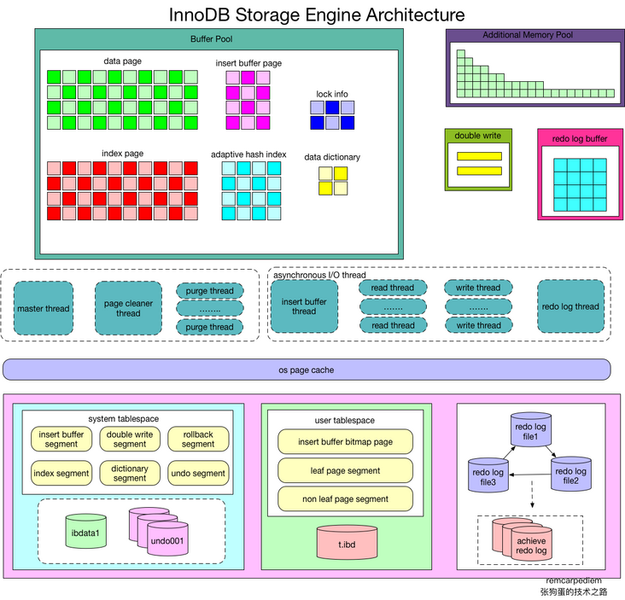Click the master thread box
(44, 308)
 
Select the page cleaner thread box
(128, 308)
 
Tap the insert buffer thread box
(304, 306)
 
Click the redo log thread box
(570, 306)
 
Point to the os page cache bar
(307, 370)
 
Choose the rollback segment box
(198, 439)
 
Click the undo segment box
(198, 474)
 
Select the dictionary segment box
(130, 474)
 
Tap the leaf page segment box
(345, 470)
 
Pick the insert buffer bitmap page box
(345, 441)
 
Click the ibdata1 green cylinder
(86, 532)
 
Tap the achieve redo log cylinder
(529, 545)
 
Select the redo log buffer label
(580, 138)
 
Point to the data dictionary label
(332, 157)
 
